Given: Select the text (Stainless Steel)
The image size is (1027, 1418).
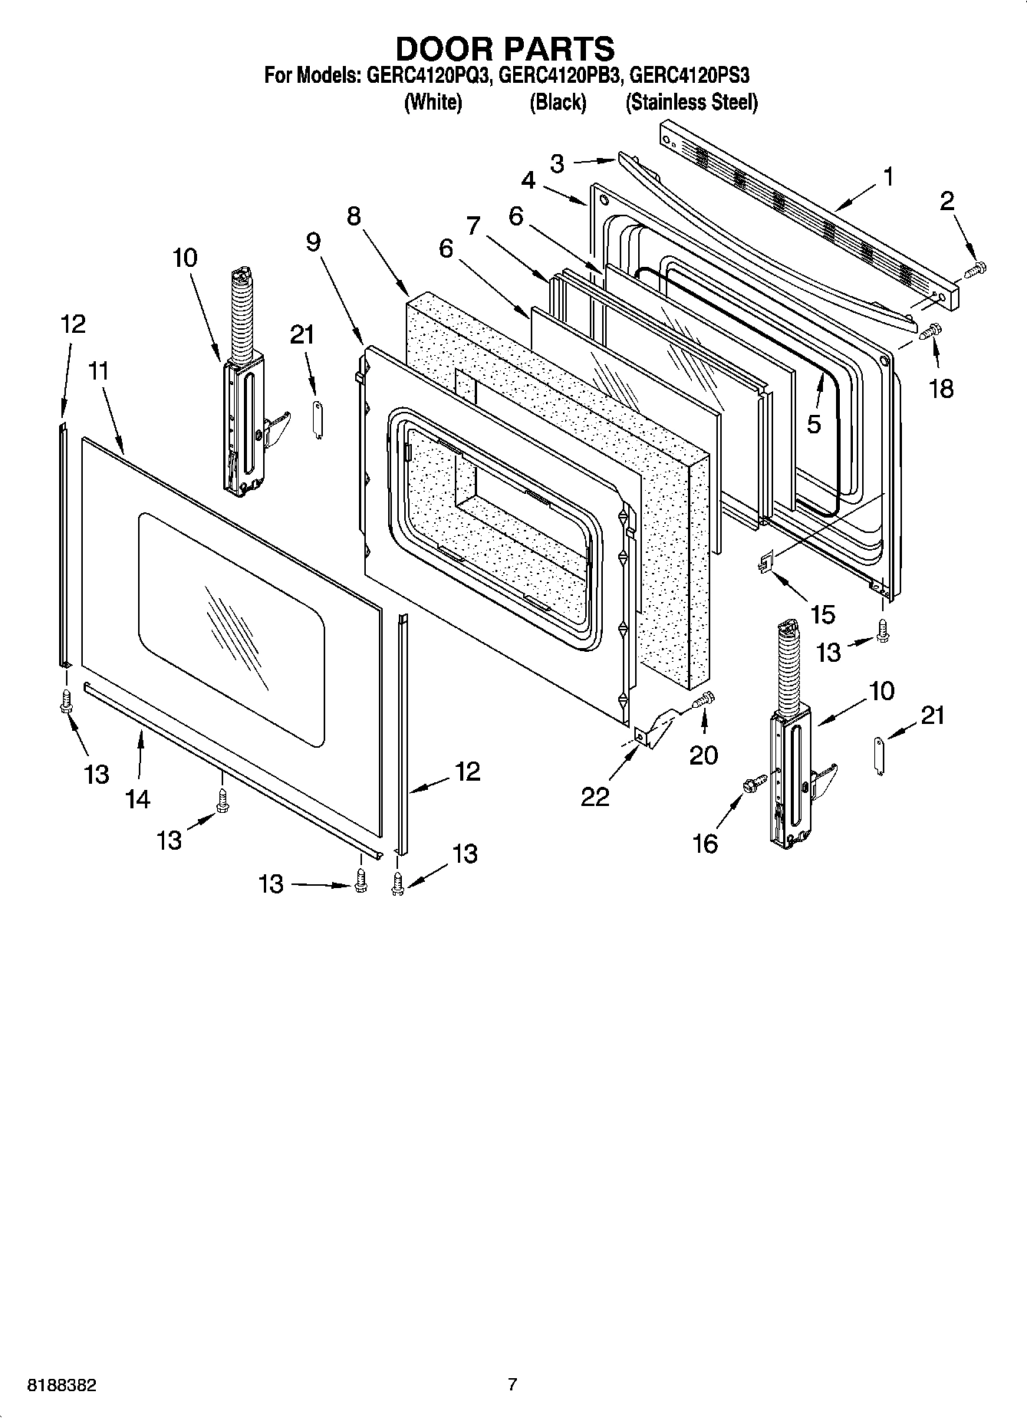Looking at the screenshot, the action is pos(691,102).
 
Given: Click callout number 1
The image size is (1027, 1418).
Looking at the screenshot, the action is pos(887,177).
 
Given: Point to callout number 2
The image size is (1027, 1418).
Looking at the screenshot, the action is pos(947,201).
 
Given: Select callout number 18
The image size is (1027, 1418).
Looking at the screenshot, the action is pos(941,388).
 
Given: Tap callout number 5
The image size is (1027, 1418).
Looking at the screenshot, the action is pos(814,423).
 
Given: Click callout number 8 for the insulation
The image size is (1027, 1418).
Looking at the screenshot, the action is pos(353,216).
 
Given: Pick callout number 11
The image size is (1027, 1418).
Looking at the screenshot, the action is pos(98,371).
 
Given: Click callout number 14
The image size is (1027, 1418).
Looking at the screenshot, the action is pos(137,799).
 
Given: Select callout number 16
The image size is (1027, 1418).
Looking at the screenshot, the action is pos(704,844).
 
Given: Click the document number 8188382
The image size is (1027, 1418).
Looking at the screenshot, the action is pos(61,1385).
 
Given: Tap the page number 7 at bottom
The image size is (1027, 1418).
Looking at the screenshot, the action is pos(512,1384).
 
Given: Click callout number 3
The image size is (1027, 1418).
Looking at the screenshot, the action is pos(558,163).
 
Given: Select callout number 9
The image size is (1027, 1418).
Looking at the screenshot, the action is pos(313,242).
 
